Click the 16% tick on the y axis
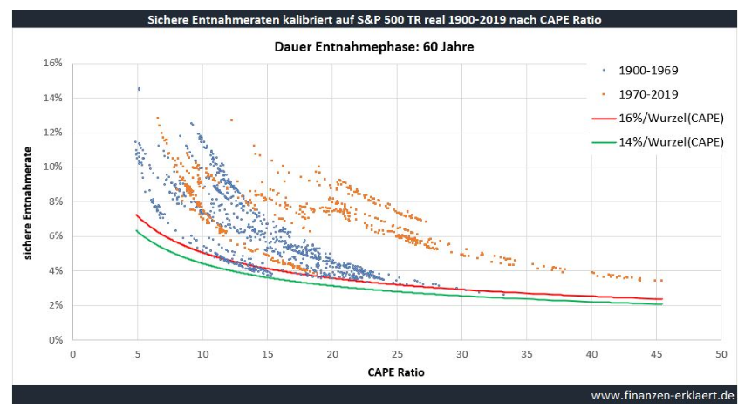(x=55, y=64)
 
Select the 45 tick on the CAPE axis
(x=656, y=354)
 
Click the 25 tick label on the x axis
(x=397, y=354)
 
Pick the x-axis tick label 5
(x=138, y=354)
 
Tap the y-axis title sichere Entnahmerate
(x=30, y=201)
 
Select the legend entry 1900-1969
(x=648, y=70)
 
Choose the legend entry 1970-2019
(x=648, y=93)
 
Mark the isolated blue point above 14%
(x=139, y=89)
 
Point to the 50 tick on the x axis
(x=721, y=354)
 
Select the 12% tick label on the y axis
(x=55, y=133)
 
